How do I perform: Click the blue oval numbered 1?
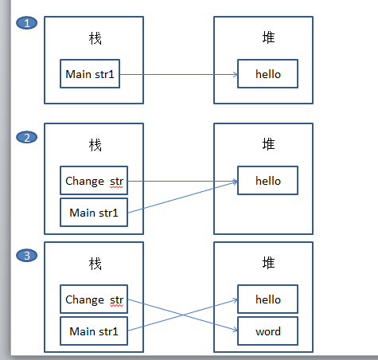pos(27,23)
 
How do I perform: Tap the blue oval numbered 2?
pos(27,138)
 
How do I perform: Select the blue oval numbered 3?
pos(27,256)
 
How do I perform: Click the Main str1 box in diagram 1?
pos(90,74)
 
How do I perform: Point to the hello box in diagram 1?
pos(267,74)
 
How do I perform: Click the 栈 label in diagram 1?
pos(95,38)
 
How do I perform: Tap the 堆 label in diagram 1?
pos(268,37)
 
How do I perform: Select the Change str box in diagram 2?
pos(94,181)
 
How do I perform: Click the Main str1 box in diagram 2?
pos(94,213)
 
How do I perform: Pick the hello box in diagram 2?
pos(267,181)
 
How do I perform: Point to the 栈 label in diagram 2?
pos(95,145)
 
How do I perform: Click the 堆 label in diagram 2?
pos(268,144)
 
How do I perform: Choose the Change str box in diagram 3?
pos(94,299)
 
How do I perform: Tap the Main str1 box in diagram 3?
pos(94,331)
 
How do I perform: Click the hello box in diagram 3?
pos(267,299)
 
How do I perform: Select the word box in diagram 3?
pos(267,331)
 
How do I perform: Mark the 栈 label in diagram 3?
pos(95,264)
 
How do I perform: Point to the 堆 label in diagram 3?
pos(268,263)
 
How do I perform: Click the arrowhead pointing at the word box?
pos(236,330)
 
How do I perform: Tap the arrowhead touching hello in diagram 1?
pos(236,74)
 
